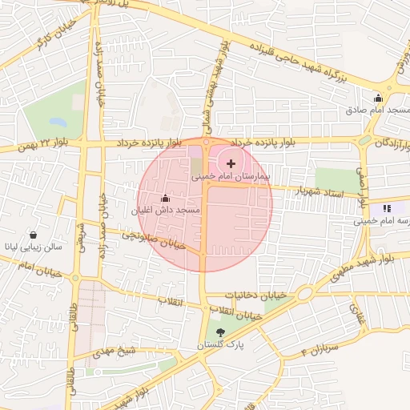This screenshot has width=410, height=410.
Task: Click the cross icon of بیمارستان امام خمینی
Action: pyautogui.click(x=231, y=163)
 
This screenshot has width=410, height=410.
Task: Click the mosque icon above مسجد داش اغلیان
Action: pyautogui.click(x=166, y=198)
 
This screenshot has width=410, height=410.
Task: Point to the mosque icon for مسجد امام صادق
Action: pyautogui.click(x=378, y=98)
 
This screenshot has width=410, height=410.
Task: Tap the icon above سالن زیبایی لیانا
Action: pyautogui.click(x=34, y=235)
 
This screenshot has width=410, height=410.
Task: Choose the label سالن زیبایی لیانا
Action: pyautogui.click(x=34, y=248)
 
